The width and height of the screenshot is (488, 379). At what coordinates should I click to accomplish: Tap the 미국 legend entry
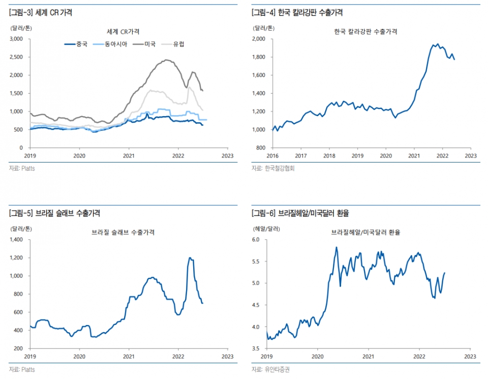point(150,44)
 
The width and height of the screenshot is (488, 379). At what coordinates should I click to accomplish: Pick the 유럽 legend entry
point(178,44)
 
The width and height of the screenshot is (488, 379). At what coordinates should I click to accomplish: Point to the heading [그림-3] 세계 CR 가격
point(41,13)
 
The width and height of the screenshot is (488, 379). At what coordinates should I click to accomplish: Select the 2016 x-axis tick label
point(272,156)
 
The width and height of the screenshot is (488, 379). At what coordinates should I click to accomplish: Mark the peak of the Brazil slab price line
point(190,258)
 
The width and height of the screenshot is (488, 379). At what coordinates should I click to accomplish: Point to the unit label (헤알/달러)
point(265,228)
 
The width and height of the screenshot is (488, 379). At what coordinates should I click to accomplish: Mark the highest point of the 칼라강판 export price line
point(438,44)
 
